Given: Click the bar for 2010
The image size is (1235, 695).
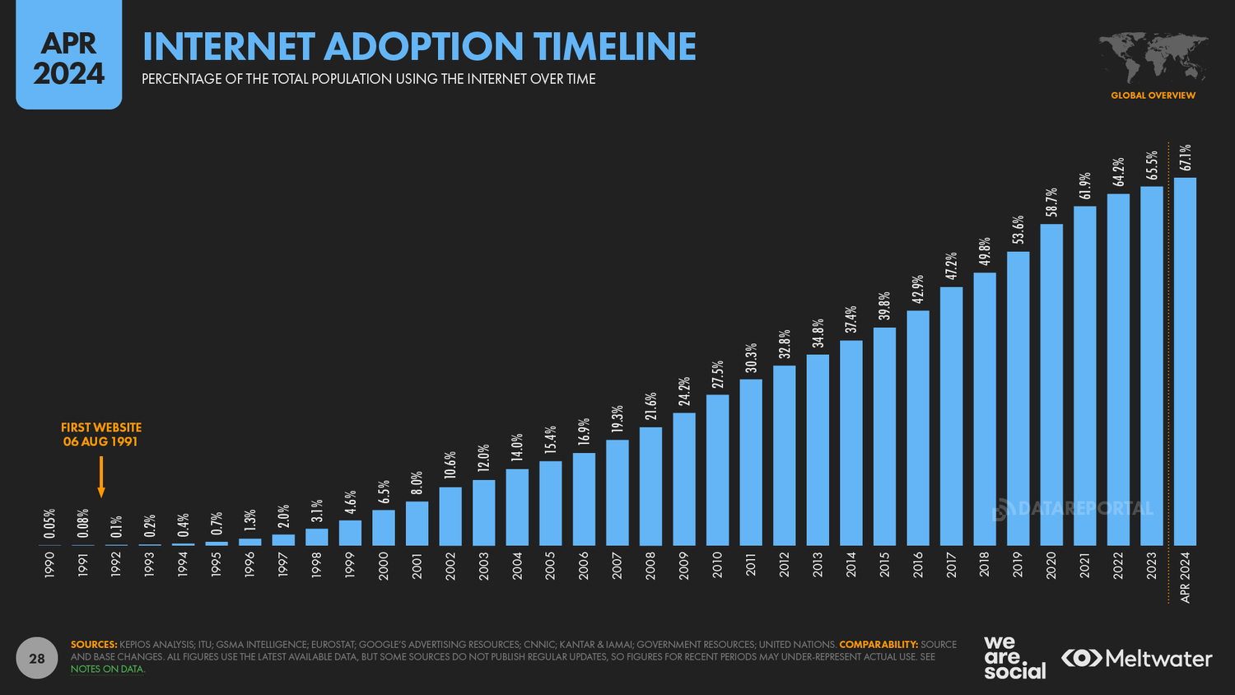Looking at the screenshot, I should coord(717,470).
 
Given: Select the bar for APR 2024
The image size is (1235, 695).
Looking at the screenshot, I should coord(1185,361).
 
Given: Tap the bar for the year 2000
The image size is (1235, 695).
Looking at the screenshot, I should coord(384,528).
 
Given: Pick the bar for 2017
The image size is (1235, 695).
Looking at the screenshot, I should coord(951,416).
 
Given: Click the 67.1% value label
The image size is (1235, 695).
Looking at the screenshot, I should coord(1185,157).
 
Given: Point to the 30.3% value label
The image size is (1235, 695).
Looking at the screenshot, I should coord(751,358).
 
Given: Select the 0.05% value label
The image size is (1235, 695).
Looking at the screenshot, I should coord(50,524).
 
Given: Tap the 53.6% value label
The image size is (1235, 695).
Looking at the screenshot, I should coord(1018,230).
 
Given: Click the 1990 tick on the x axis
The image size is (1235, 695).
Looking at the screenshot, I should coord(50,565).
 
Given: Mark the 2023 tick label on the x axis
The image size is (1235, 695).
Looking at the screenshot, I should coord(1152,565).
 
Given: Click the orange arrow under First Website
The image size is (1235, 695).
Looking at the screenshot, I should coord(101,477).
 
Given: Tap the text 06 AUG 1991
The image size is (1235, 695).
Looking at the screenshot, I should coord(100,442).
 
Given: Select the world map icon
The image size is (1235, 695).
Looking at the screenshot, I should coord(1153,58).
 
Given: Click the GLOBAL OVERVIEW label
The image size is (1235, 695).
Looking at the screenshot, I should coord(1153,96).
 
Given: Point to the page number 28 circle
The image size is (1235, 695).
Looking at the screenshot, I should coord(37,659).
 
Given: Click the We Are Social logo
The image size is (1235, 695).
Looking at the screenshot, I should coord(1014,657).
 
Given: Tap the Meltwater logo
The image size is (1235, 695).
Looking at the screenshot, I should coord(1137,659).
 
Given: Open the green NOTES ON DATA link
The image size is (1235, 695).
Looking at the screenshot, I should coord(108,669).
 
